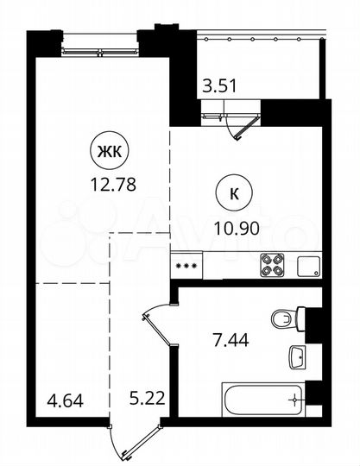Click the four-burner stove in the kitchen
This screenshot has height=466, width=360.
pos(273,264)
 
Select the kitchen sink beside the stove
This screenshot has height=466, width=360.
pos(308,265)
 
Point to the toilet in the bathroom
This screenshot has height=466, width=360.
pos(285,319)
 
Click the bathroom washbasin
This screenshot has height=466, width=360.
pos(298,356)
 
